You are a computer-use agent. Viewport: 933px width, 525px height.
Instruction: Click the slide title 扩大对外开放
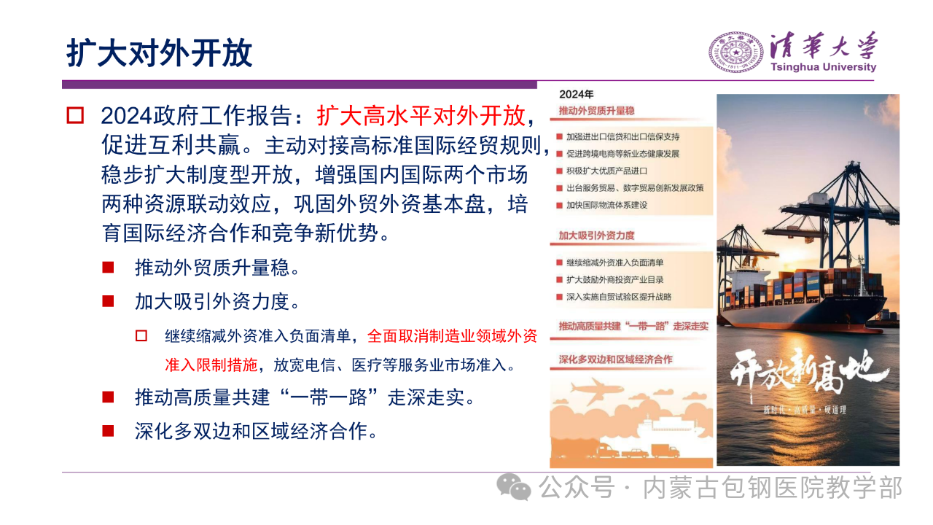[x=159, y=53]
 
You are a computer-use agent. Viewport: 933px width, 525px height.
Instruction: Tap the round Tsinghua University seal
[x=736, y=52]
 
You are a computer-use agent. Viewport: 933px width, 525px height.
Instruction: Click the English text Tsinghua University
[x=824, y=67]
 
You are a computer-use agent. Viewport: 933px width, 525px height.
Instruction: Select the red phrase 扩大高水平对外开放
[x=421, y=115]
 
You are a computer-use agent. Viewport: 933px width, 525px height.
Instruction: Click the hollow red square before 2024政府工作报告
[x=75, y=115]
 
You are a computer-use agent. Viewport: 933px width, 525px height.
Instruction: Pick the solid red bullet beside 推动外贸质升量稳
[x=109, y=268]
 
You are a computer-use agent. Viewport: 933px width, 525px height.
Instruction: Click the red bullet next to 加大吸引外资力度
[x=109, y=301]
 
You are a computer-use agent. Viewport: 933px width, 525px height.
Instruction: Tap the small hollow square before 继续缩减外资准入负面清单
[x=141, y=336]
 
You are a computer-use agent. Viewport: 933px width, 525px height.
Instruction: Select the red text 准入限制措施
[x=211, y=365]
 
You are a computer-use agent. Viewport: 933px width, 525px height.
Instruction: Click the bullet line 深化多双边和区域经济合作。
[x=256, y=431]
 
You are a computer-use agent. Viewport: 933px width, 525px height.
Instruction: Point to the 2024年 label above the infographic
[x=576, y=94]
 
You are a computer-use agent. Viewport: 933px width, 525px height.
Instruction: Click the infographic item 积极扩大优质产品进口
[x=606, y=171]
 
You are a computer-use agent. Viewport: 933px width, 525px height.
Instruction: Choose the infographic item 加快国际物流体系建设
[x=606, y=205]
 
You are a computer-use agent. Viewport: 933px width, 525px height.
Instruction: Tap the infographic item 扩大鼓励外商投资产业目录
[x=614, y=279]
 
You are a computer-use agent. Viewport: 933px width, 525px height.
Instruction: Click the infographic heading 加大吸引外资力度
[x=596, y=236]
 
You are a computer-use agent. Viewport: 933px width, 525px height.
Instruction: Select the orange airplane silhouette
[x=596, y=390]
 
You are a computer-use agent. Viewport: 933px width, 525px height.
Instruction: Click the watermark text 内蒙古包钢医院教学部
[x=773, y=488]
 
